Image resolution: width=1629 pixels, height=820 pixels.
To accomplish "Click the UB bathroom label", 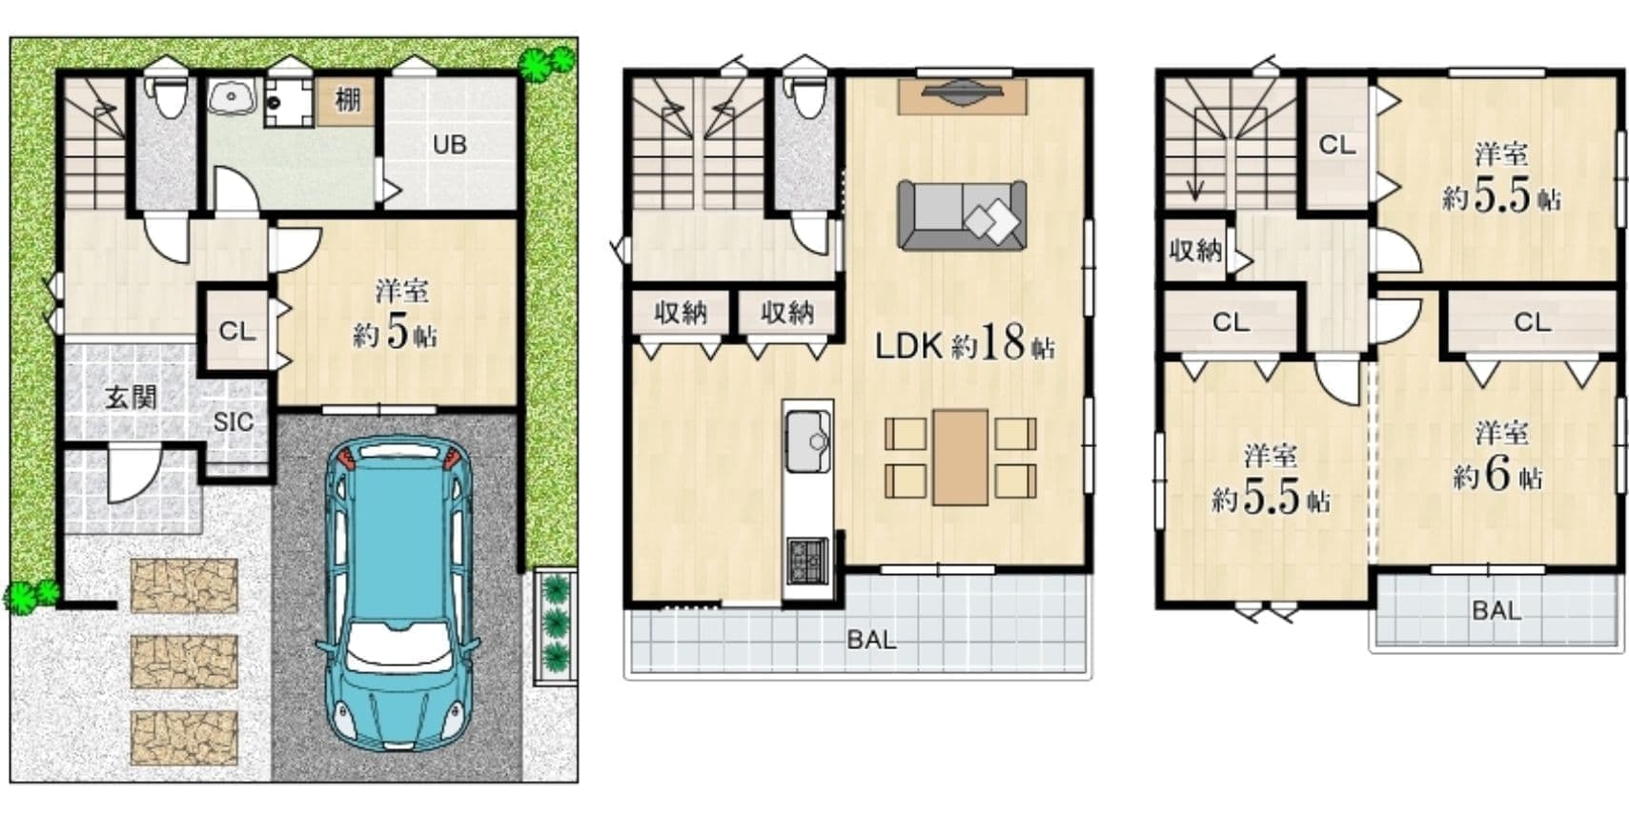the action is tap(450, 145).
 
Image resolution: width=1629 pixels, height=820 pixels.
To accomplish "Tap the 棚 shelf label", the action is tap(347, 100).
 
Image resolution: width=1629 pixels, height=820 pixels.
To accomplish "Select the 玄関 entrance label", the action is tap(131, 398).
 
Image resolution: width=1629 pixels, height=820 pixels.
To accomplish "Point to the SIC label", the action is tap(234, 422).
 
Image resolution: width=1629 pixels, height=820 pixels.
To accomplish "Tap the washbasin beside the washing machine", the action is tap(231, 96).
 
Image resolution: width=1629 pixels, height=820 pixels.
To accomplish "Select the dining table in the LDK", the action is tap(961, 457).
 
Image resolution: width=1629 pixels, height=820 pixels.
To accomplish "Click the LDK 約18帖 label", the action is tap(965, 343).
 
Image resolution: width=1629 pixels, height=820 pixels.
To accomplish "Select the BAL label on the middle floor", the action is tap(871, 641).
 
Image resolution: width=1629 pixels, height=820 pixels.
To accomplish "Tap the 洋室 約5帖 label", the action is tap(396, 314).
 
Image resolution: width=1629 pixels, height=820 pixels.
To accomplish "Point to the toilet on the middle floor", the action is tap(804, 96).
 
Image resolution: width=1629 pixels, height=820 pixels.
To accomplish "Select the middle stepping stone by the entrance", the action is tap(184, 662).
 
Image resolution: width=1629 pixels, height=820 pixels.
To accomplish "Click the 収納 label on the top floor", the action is tap(1195, 251).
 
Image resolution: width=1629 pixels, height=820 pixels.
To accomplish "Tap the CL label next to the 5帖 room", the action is tap(237, 332).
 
